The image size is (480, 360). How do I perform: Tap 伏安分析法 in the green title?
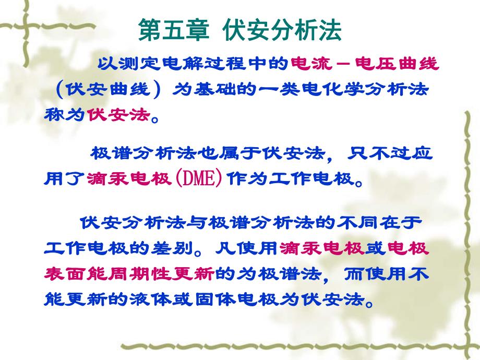click(282, 31)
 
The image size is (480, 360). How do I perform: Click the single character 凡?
click(222, 249)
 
